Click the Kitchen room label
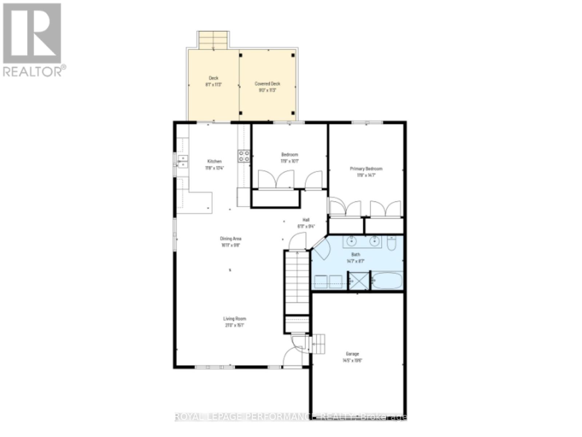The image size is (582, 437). coord(214,161)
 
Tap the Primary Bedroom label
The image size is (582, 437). coord(366,169)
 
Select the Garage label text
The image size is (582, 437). coord(352,354)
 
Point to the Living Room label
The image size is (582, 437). coord(235,319)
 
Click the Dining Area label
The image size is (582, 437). coord(231,239)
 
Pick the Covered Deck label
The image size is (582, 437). coord(267,84)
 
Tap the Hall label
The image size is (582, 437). coord(306,220)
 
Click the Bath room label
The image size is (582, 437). coord(355,254)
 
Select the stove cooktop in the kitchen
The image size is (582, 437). coord(244,156)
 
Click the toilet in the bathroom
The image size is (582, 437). coord(391,243)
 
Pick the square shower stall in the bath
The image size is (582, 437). coord(358,281)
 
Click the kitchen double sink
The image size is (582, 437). coord(183,161)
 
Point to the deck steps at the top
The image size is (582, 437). coord(213,40)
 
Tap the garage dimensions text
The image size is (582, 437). coord(352,361)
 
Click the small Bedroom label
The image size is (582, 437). coord(290,154)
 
